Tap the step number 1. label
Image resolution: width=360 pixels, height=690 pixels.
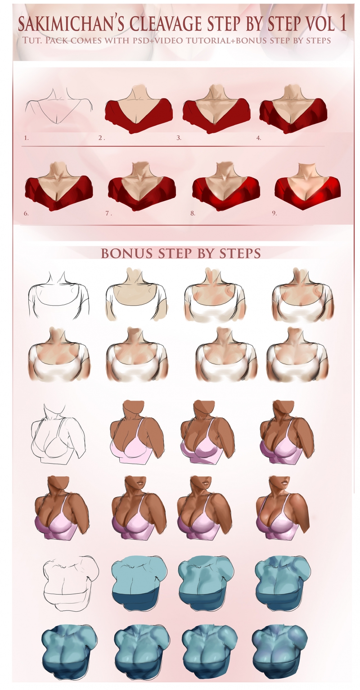pyautogui.click(x=27, y=138)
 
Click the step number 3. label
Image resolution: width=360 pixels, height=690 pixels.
pyautogui.click(x=179, y=138)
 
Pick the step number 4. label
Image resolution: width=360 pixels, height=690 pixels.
pyautogui.click(x=259, y=138)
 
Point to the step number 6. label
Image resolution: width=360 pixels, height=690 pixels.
pyautogui.click(x=26, y=213)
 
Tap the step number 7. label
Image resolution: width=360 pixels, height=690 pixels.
pyautogui.click(x=108, y=213)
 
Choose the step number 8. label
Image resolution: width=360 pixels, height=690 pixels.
pyautogui.click(x=193, y=213)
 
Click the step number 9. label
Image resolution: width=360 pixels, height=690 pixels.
pyautogui.click(x=274, y=213)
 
